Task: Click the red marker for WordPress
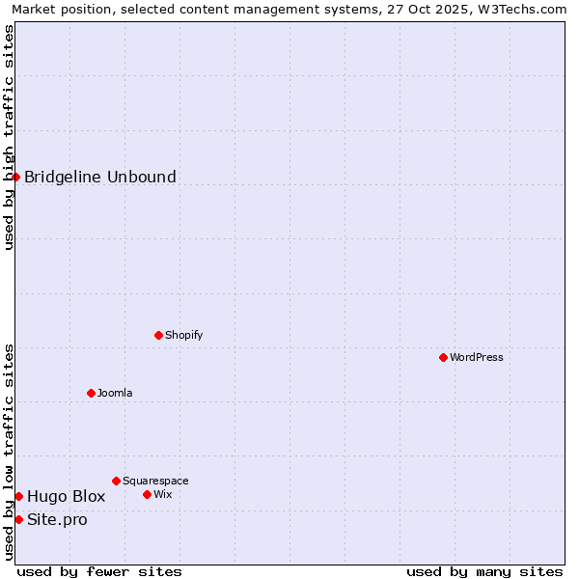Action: click(443, 357)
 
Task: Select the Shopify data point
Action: click(158, 335)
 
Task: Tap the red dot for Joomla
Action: click(91, 393)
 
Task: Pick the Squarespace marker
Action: click(116, 481)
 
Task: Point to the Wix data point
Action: click(147, 494)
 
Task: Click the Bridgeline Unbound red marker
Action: click(16, 177)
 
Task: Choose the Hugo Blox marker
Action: click(18, 496)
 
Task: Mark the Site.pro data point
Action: click(18, 519)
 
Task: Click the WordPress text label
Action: click(477, 357)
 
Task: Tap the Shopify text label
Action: click(183, 335)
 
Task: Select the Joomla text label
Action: click(115, 393)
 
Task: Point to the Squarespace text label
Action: click(155, 481)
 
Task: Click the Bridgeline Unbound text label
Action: click(100, 177)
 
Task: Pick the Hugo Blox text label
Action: click(66, 496)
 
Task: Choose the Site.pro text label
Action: click(57, 519)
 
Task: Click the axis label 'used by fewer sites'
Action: click(99, 571)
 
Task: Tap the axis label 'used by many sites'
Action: click(484, 571)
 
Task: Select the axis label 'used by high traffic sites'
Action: click(9, 137)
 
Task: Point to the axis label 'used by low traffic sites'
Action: click(9, 452)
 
